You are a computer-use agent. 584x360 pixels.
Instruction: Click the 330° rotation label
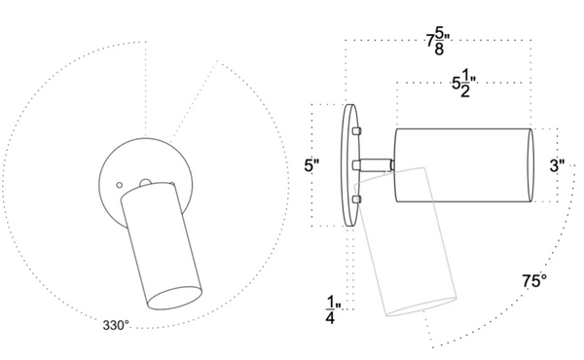click(116, 325)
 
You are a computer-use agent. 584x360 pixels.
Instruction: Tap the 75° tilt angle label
click(534, 281)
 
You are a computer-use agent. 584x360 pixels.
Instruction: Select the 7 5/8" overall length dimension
click(438, 42)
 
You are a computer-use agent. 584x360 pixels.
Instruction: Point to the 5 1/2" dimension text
click(464, 85)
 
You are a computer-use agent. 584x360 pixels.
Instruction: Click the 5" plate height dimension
click(311, 165)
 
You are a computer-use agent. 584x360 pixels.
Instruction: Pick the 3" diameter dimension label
click(557, 165)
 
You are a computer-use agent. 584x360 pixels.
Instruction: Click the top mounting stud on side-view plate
click(357, 130)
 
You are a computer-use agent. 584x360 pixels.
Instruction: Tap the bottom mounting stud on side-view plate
click(357, 199)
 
